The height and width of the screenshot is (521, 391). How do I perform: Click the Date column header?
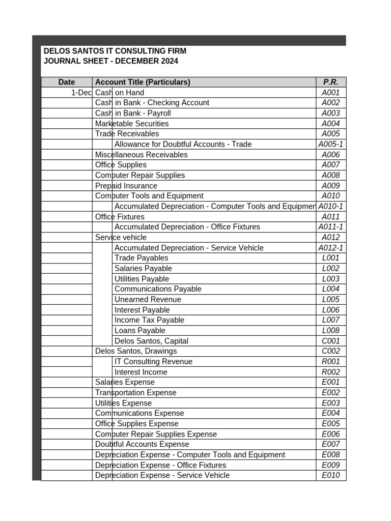(x=66, y=82)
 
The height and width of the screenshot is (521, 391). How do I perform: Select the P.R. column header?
(x=330, y=82)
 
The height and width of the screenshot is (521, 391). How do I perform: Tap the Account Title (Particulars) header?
(x=143, y=82)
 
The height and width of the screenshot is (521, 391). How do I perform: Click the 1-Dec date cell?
(x=81, y=93)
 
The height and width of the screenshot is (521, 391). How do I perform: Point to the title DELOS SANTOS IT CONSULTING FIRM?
(x=115, y=51)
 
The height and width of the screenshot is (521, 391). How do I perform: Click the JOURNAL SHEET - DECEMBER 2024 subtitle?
(x=111, y=61)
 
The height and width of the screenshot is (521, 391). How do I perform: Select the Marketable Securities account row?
(x=132, y=124)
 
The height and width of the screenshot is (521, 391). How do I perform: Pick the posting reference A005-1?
(x=330, y=144)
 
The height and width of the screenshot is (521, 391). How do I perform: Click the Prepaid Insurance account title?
(x=126, y=186)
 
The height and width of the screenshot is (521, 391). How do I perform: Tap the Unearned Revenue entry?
(x=148, y=300)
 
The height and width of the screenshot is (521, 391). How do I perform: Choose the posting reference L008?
(x=330, y=331)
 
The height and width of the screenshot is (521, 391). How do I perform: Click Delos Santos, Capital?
(x=151, y=341)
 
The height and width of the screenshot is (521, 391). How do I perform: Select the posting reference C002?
(x=330, y=351)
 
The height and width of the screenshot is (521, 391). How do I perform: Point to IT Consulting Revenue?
(x=153, y=362)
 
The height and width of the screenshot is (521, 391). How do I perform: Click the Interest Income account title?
(x=141, y=372)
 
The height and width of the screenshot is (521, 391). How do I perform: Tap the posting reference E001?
(x=330, y=382)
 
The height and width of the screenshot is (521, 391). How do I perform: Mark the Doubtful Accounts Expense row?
(x=135, y=444)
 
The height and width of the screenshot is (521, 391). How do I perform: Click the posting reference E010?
(x=330, y=475)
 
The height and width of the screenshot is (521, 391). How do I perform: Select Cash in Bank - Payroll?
(x=133, y=113)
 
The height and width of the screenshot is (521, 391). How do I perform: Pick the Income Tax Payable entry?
(x=149, y=320)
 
